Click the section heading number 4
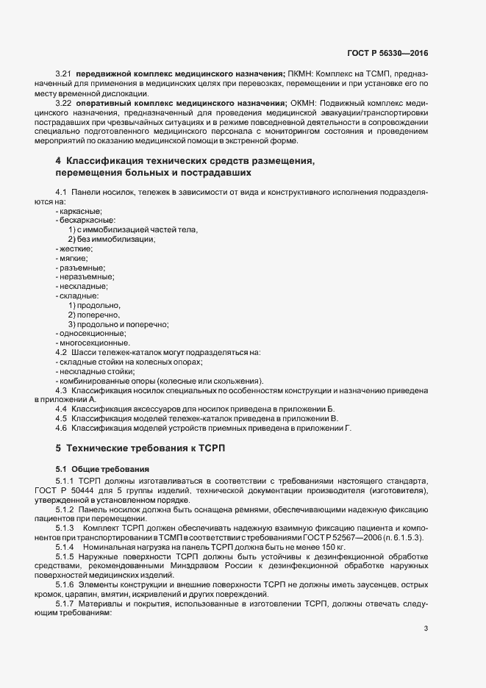pos(58,161)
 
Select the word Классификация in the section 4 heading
pos(101,161)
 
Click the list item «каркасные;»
pos(81,211)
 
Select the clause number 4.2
pos(61,353)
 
